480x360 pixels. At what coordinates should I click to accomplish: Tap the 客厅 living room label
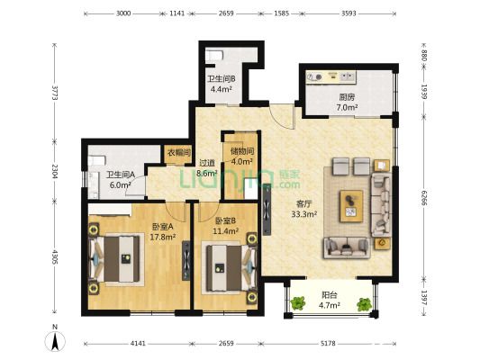point(304,203)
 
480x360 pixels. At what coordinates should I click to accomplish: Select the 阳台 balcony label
point(330,295)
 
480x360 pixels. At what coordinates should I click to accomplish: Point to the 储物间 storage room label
point(242,151)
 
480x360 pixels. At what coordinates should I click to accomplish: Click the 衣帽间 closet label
point(179,152)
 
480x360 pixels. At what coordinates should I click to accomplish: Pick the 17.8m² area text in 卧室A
point(162,237)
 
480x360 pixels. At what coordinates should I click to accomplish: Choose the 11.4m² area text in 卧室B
point(226,231)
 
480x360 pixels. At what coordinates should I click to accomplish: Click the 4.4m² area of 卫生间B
point(221,89)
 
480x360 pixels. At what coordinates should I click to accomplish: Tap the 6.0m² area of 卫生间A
point(121,184)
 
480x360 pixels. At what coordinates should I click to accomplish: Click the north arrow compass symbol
point(55,341)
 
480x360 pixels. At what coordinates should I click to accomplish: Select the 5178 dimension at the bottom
point(328,344)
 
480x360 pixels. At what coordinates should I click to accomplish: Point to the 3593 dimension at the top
point(349,13)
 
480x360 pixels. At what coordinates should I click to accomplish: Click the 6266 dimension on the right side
point(423,198)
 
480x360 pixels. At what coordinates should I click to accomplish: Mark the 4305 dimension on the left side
point(55,257)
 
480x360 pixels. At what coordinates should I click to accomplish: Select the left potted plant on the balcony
point(297,303)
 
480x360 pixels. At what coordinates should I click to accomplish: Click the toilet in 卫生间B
point(214,56)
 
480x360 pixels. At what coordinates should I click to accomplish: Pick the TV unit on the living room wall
point(267,209)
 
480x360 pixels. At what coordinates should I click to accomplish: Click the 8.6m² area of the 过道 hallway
point(206,174)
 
